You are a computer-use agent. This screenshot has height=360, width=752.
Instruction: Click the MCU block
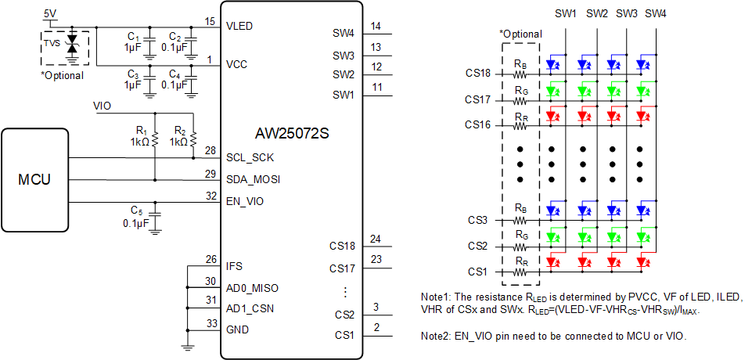[x=34, y=180]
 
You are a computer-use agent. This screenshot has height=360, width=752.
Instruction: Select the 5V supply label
[x=50, y=14]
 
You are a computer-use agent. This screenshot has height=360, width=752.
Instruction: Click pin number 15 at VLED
[x=209, y=21]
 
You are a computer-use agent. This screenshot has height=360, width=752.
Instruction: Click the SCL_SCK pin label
[x=251, y=157]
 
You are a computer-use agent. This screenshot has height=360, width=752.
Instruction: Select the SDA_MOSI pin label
[x=253, y=180]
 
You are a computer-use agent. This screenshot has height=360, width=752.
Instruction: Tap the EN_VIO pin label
[x=246, y=202]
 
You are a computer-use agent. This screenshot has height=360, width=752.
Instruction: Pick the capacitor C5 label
[x=136, y=210]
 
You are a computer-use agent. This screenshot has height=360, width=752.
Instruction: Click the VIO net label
[x=102, y=106]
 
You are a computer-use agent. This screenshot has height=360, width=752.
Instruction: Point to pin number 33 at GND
[x=210, y=323]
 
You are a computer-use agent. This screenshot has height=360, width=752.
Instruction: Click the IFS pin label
[x=234, y=266]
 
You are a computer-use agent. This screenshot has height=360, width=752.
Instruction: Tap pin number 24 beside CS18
[x=376, y=239]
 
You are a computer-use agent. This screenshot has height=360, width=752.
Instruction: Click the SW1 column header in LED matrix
[x=565, y=13]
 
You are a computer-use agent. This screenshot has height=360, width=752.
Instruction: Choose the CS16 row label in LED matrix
[x=477, y=124]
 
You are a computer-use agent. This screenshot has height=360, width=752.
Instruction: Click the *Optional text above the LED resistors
[x=520, y=34]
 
